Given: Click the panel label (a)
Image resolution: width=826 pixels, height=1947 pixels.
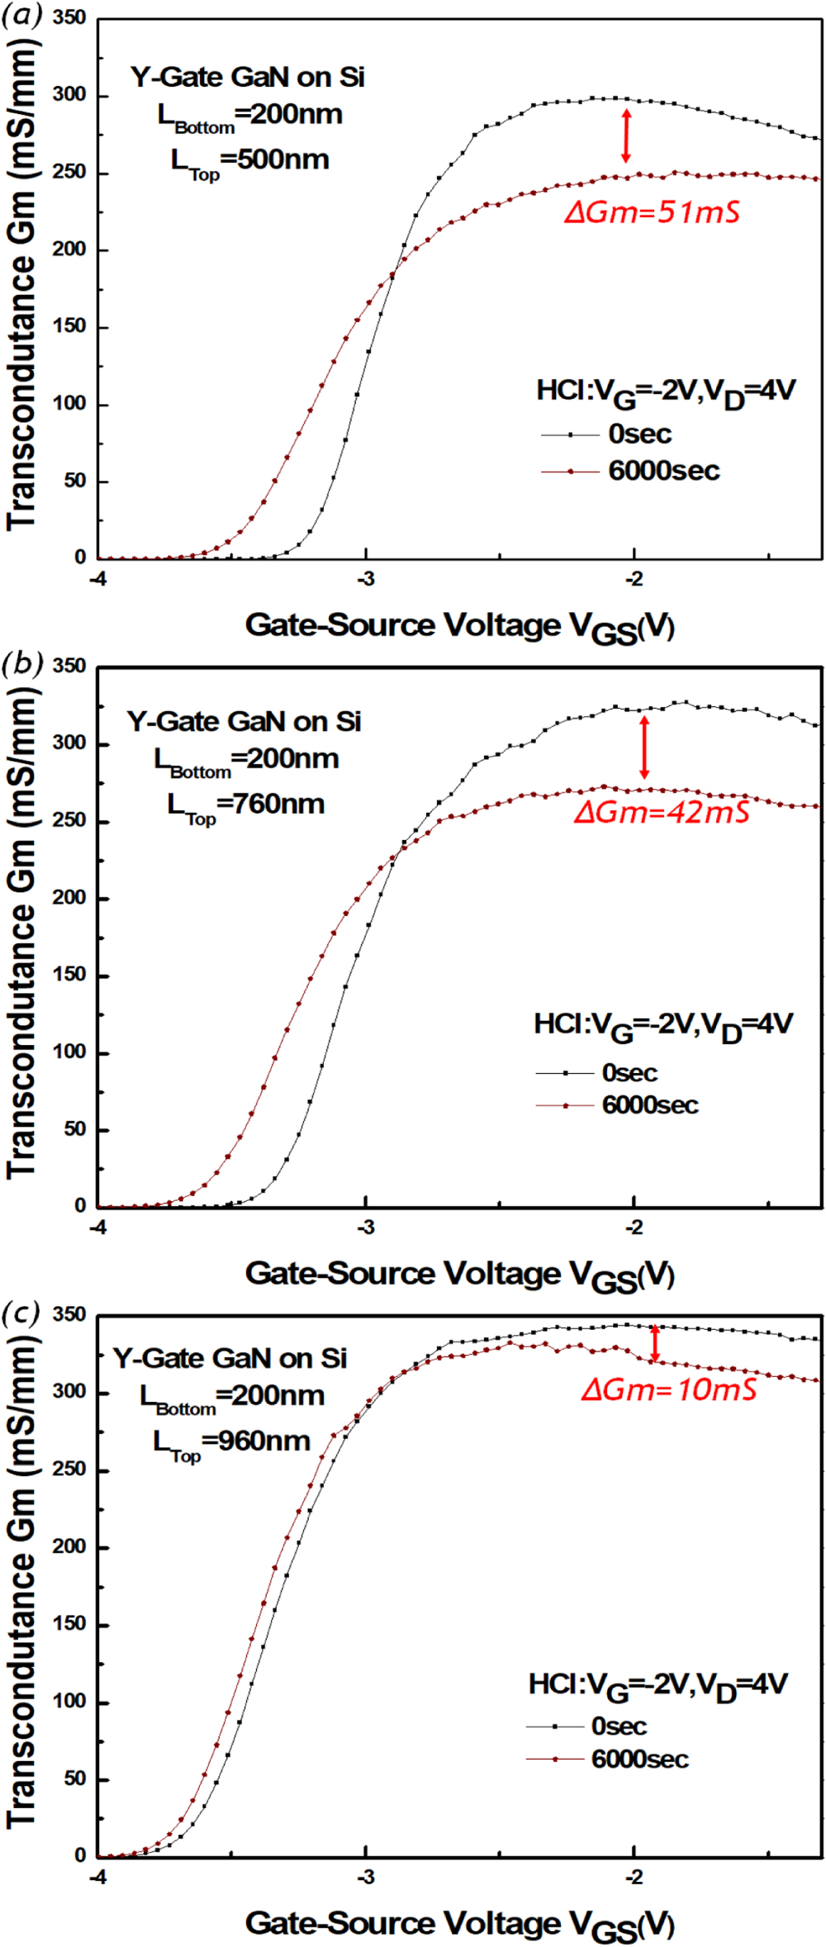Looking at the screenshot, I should [x=21, y=14].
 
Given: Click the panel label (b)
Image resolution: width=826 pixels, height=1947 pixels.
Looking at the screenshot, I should [x=21, y=662].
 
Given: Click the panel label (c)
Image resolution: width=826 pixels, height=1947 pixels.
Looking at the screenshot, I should [x=21, y=1311].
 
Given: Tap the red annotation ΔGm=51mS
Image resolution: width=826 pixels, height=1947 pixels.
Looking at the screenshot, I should [x=652, y=212].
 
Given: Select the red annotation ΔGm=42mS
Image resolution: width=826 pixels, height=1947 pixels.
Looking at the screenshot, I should [x=662, y=812].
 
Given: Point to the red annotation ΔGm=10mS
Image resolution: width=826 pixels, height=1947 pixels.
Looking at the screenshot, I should [x=668, y=1389].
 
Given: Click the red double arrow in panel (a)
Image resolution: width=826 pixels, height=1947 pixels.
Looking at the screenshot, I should [x=626, y=135].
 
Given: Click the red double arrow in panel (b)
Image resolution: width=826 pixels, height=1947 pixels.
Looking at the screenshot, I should [x=644, y=748].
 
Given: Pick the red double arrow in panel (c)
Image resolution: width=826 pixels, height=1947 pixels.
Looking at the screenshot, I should [x=655, y=1343].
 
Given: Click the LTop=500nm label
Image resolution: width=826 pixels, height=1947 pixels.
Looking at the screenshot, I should [x=249, y=161].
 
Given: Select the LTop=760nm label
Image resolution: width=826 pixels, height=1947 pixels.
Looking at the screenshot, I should [x=245, y=805].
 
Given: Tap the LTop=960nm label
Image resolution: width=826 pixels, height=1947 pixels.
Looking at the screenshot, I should [x=231, y=1442].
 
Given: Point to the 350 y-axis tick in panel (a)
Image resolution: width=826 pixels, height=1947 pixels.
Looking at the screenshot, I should [x=70, y=18].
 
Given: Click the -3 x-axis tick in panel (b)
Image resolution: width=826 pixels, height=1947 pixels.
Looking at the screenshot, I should [x=365, y=1228].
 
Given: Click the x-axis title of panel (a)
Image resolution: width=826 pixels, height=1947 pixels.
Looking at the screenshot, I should [x=459, y=626].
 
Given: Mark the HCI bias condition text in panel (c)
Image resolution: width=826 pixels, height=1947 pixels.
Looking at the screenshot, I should [x=658, y=1685].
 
